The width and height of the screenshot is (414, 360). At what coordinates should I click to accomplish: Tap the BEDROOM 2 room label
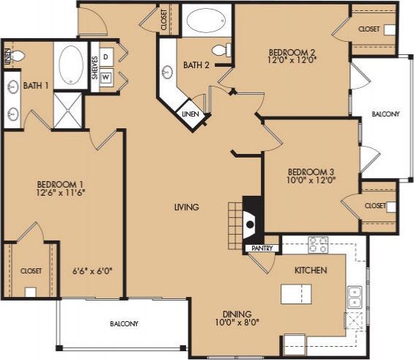(292, 53)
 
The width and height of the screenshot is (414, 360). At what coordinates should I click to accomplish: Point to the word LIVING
(186, 207)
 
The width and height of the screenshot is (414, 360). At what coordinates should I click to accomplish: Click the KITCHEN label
(310, 271)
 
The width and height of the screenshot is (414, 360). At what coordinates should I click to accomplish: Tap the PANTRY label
(262, 249)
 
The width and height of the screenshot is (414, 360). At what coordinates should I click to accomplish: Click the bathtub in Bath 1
(70, 65)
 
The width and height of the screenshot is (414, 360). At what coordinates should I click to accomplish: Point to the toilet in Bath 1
(17, 55)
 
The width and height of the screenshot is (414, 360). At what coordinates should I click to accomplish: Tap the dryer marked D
(106, 56)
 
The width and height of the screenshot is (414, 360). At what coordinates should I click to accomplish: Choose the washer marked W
(106, 76)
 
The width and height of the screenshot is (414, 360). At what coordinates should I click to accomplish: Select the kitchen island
(295, 294)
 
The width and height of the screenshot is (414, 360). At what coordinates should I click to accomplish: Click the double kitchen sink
(355, 297)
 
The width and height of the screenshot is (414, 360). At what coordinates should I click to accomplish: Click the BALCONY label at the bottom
(124, 323)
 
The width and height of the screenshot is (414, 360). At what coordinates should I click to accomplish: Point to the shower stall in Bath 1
(69, 111)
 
